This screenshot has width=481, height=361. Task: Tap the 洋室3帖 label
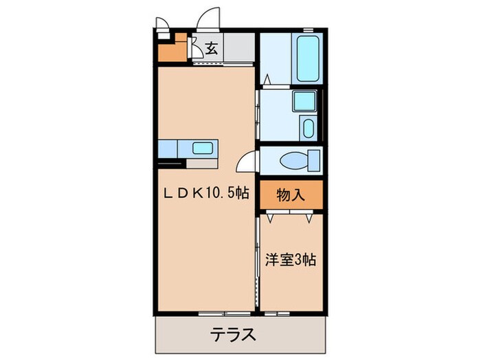[x=291, y=261]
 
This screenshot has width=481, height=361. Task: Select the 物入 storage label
[x=290, y=195]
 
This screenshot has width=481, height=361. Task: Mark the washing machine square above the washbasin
[x=303, y=101]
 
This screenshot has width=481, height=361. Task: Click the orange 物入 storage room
[x=290, y=196]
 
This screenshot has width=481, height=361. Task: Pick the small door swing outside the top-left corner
[x=164, y=23]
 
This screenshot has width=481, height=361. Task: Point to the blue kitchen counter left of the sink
[x=169, y=148]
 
